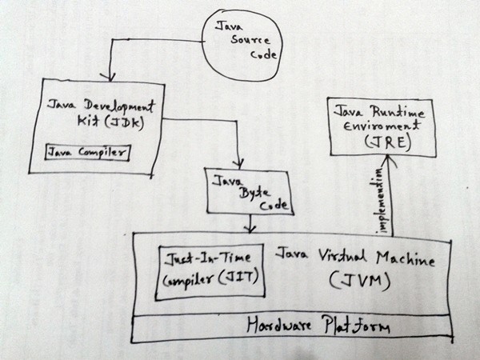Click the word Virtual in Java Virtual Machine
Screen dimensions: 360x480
click(340, 258)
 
